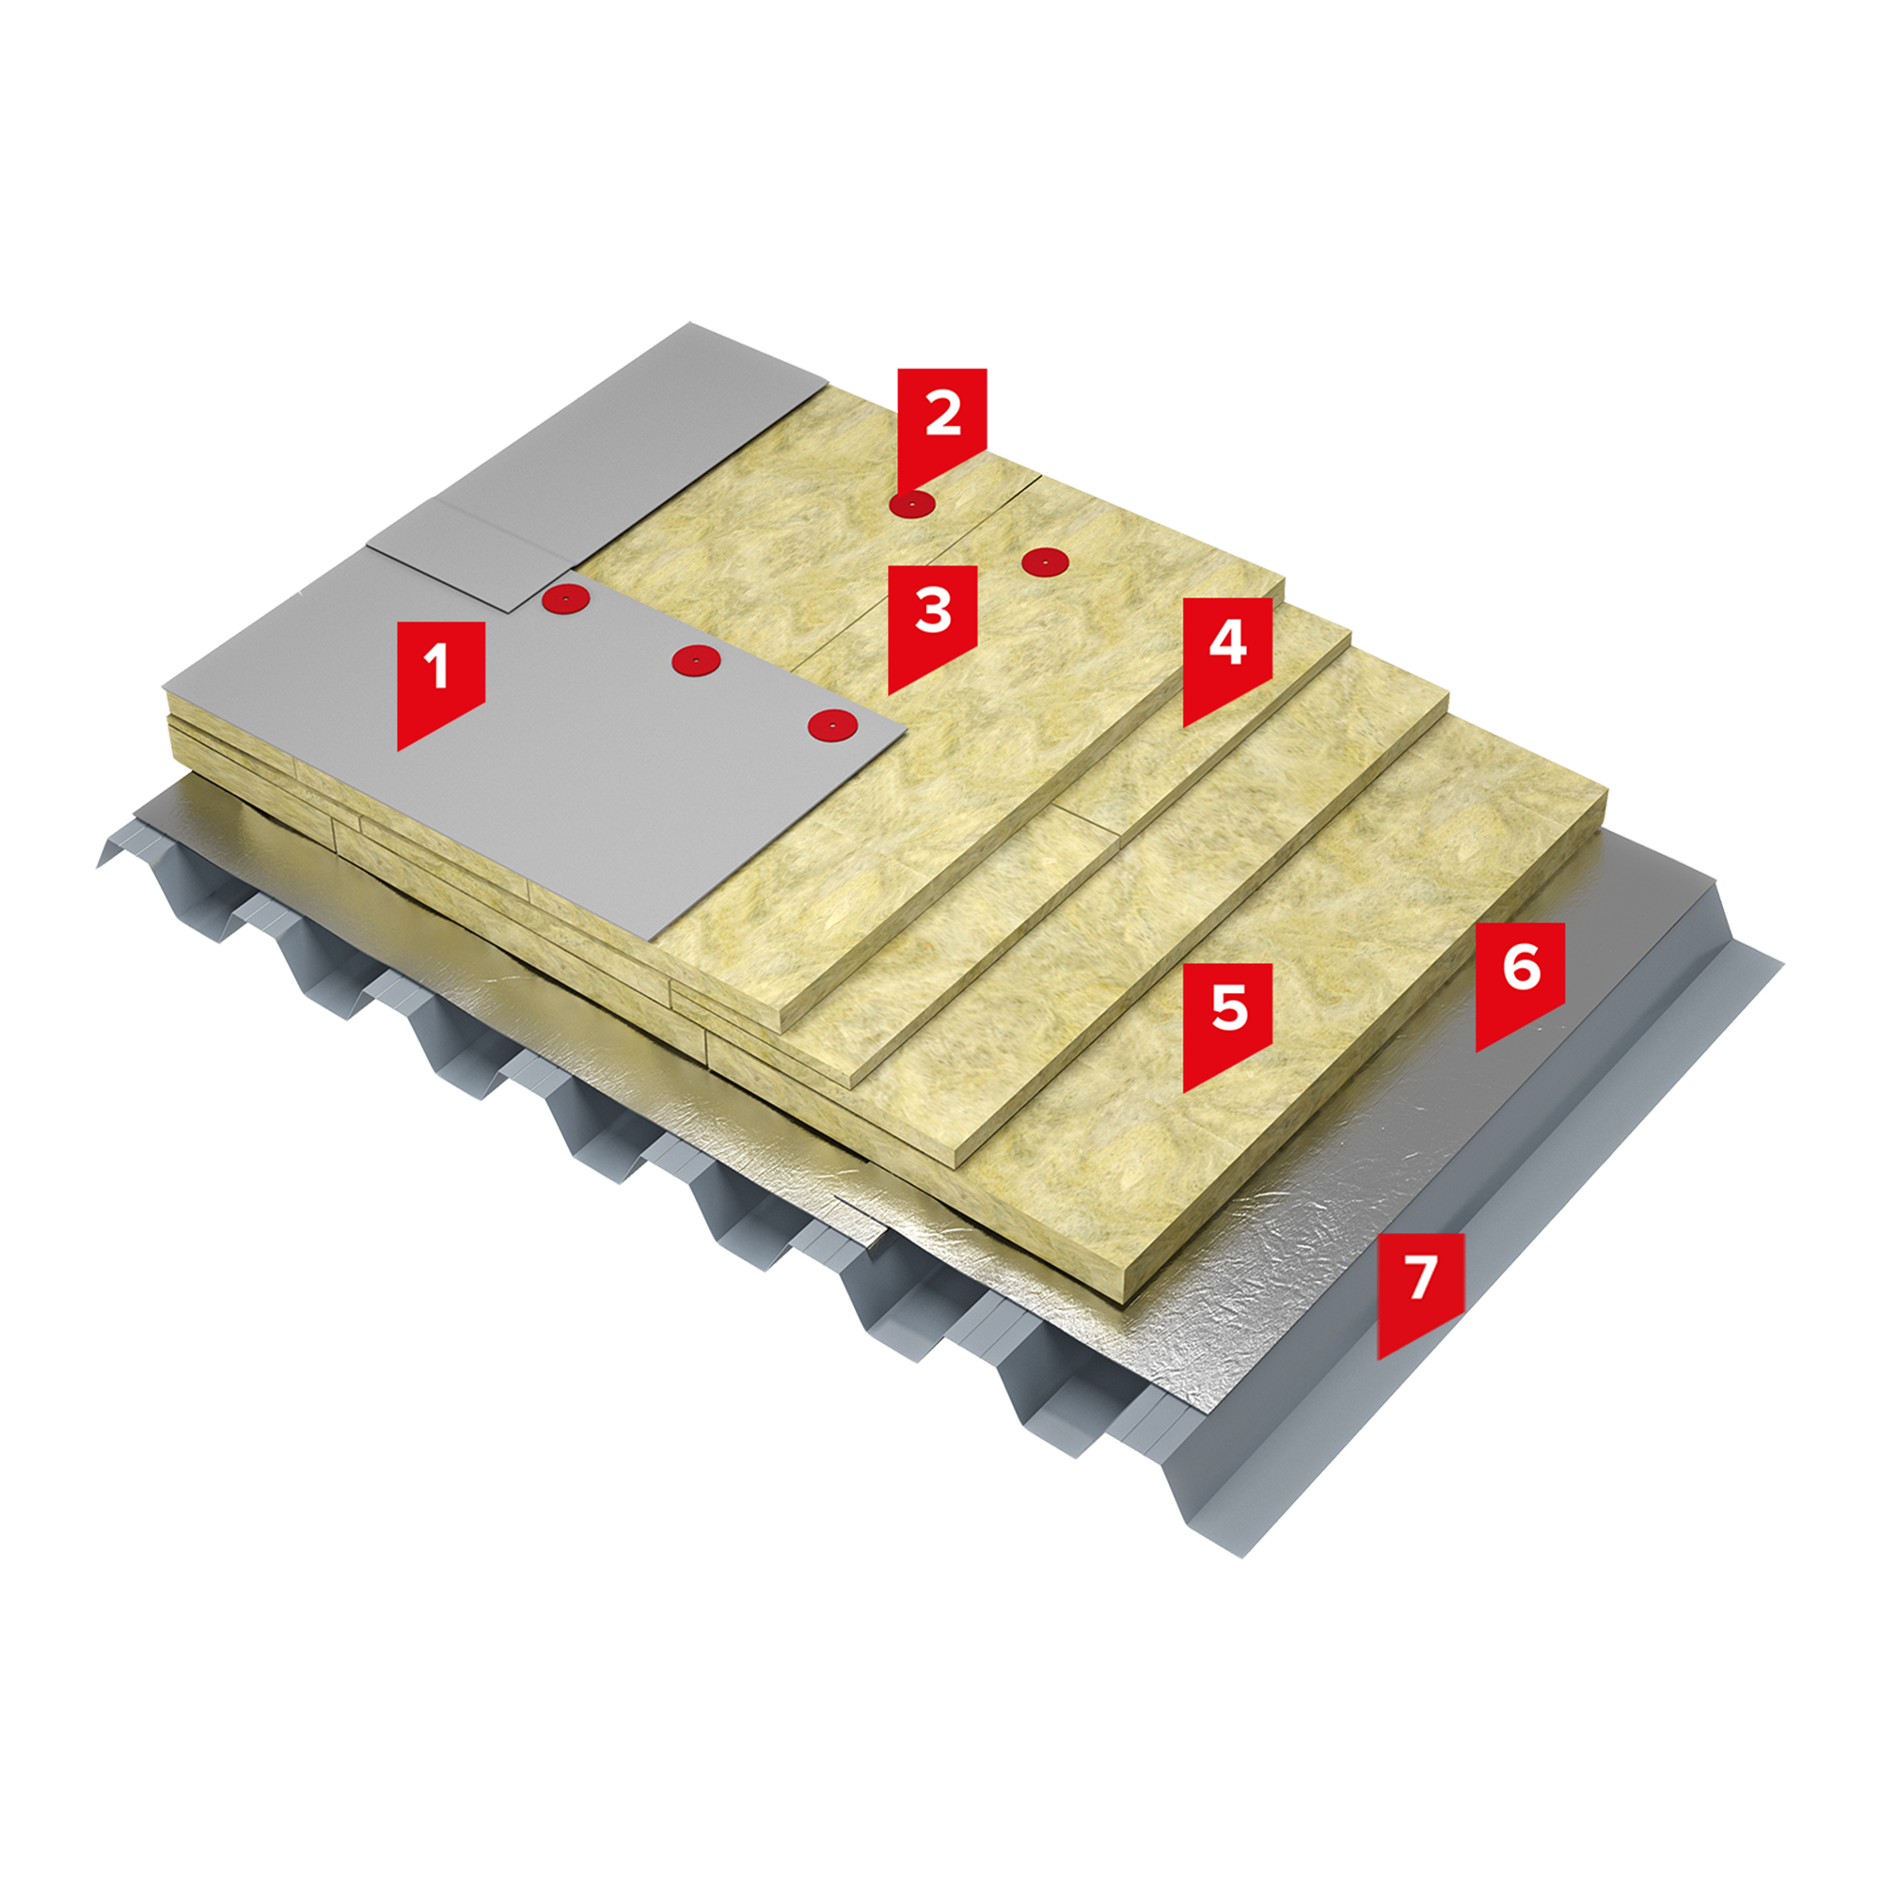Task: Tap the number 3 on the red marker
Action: pos(933,611)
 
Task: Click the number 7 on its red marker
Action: pos(1421,1278)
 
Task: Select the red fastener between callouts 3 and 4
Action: pos(1044,561)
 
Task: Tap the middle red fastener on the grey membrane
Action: pos(696,660)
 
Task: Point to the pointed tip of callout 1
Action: pos(397,751)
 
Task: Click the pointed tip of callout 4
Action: pos(1183,726)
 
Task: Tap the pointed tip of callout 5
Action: pos(1183,1091)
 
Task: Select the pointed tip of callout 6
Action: pos(1476,1051)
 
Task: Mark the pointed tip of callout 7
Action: pos(1378,1359)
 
